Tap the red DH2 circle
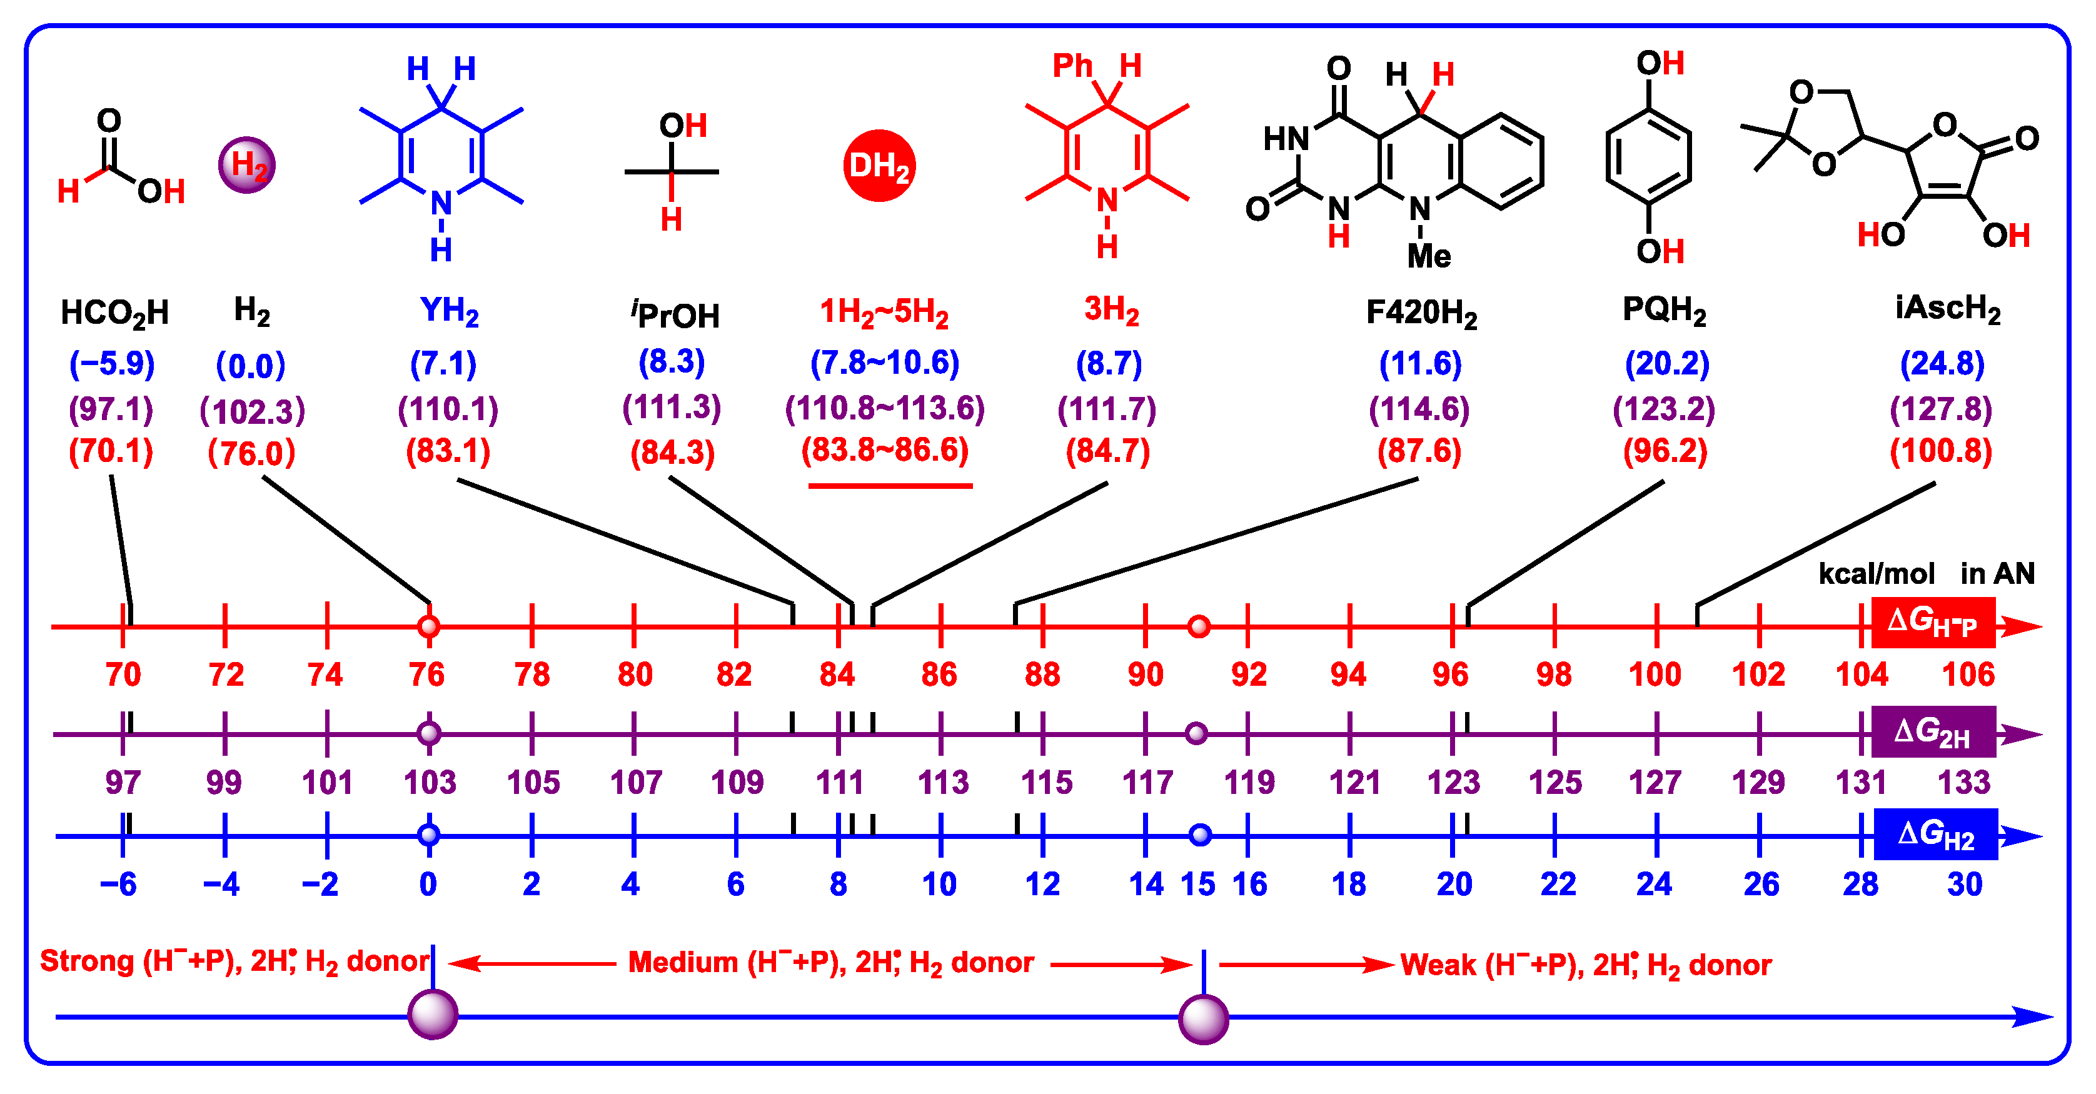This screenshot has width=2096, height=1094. coord(879,165)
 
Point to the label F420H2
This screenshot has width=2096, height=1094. coord(1421,313)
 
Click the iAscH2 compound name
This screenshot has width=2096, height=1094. coord(1947,309)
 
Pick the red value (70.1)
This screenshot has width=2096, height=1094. coord(111,451)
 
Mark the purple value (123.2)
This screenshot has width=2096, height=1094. coord(1664,408)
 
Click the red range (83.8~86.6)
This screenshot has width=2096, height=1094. coord(885,450)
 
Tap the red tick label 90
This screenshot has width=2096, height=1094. coord(1146,675)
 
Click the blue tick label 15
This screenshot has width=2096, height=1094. coord(1197,884)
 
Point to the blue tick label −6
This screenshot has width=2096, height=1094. coord(119,884)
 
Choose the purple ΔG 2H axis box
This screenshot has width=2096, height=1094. coord(1932,732)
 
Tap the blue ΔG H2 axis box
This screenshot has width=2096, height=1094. coord(1935,835)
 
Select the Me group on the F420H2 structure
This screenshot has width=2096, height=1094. coord(1429,256)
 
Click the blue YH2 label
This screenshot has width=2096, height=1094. coord(449,311)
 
